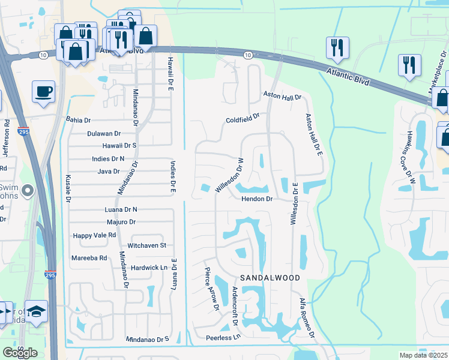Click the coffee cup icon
[44, 92]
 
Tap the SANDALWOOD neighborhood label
[270, 278]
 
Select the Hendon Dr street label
[258, 199]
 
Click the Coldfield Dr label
[243, 119]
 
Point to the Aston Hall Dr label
[282, 96]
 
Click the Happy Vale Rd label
[94, 236]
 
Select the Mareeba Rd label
[90, 257]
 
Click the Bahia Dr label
[78, 120]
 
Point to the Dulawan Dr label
[104, 134]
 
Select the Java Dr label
[110, 172]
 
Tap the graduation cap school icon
[37, 311]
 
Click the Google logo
[20, 353]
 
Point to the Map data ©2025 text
[424, 355]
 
